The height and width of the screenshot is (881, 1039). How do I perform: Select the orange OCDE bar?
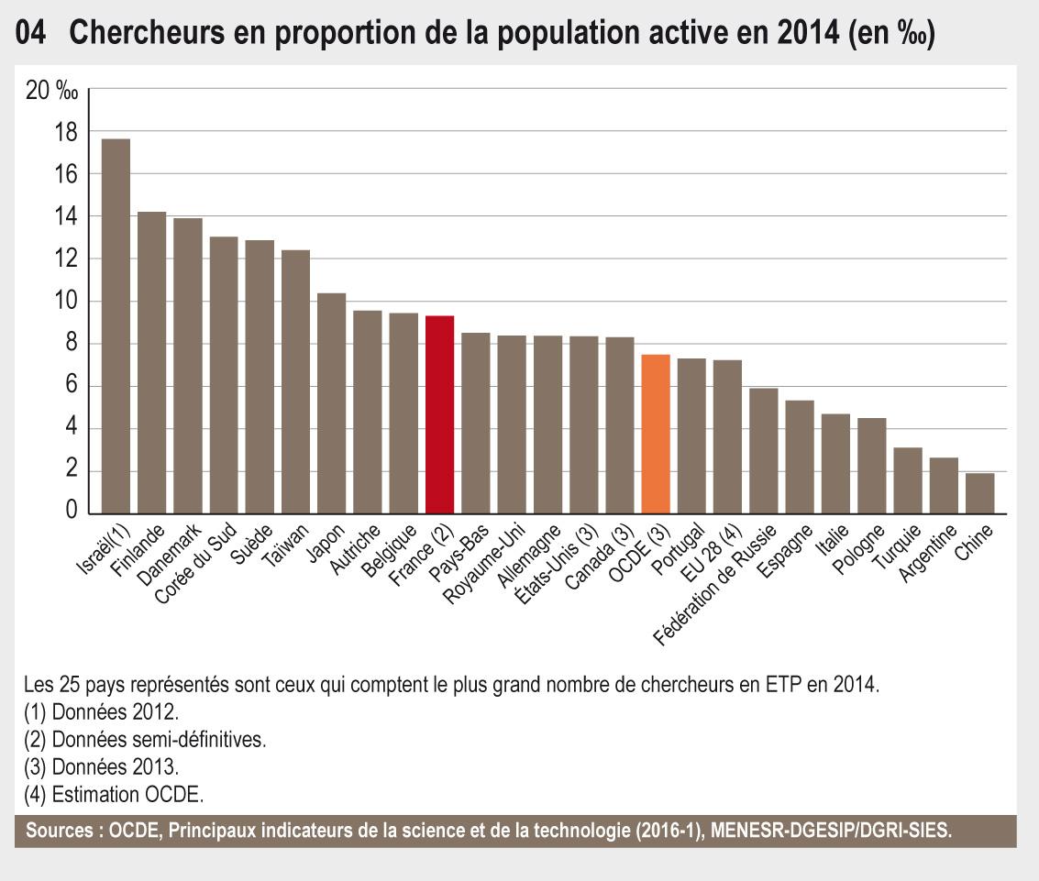click(656, 434)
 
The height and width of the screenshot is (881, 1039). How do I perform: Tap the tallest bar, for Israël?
click(116, 326)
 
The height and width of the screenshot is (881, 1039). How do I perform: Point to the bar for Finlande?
click(151, 363)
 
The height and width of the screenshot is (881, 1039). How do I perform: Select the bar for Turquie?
click(908, 480)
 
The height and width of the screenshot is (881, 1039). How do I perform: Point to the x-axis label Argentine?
click(929, 553)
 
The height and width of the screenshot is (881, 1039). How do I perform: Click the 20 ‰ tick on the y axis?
click(52, 91)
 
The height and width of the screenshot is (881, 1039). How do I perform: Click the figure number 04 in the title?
click(32, 33)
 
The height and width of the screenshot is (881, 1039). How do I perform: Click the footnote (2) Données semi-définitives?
click(145, 739)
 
